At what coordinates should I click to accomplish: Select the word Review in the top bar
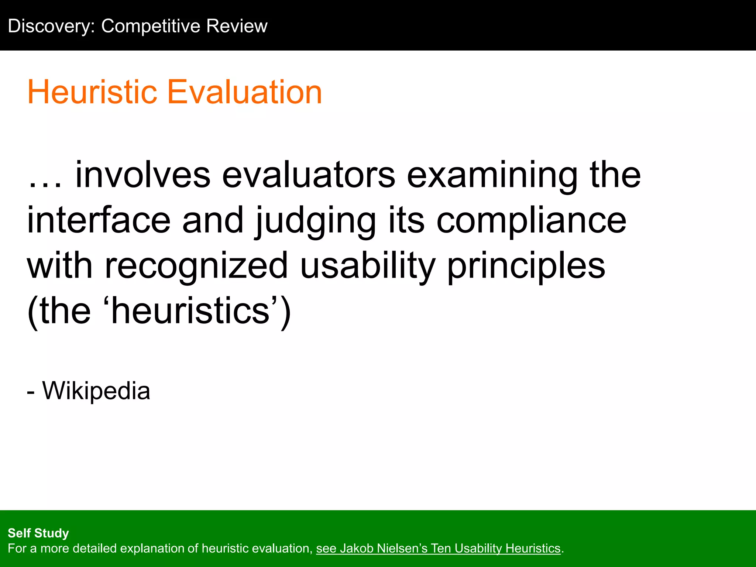click(x=237, y=26)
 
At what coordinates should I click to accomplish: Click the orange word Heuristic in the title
click(x=92, y=92)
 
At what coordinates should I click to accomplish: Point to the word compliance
click(x=532, y=221)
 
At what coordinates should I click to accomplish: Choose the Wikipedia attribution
click(x=96, y=391)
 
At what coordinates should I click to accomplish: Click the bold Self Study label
click(x=38, y=533)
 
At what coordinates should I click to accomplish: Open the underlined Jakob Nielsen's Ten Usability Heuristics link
click(x=438, y=549)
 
